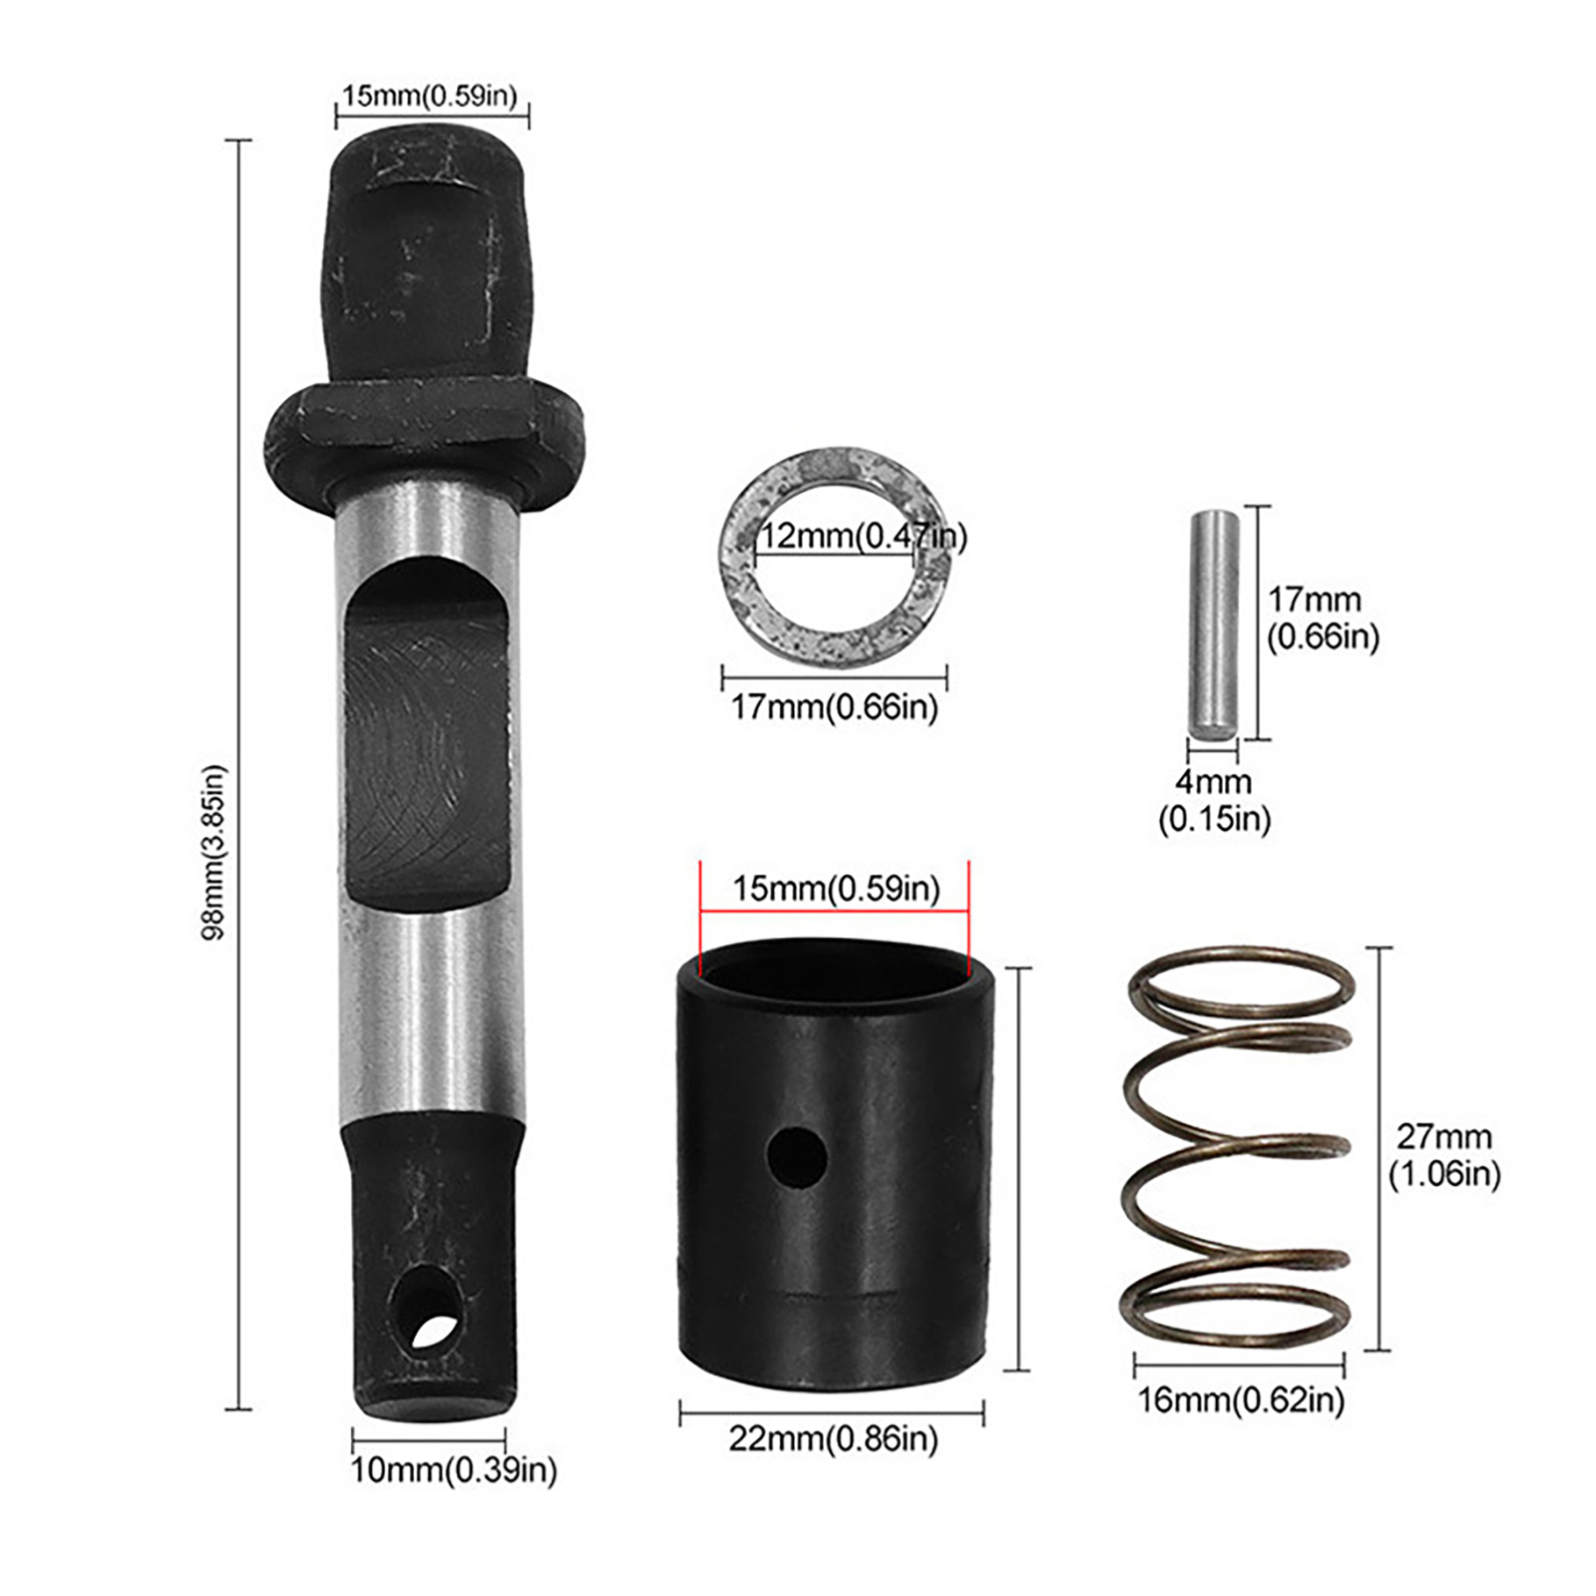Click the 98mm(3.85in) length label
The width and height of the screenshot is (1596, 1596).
click(213, 852)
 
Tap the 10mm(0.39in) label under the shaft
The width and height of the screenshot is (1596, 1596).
click(454, 1469)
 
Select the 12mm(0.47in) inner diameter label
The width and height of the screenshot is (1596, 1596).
click(864, 537)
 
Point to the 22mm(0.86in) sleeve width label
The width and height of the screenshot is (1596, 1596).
click(834, 1438)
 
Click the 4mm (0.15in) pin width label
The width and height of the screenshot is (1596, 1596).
click(1214, 800)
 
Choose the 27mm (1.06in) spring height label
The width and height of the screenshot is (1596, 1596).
click(1444, 1155)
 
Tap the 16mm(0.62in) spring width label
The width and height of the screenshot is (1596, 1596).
click(1241, 1400)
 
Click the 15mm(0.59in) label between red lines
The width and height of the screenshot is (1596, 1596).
click(836, 888)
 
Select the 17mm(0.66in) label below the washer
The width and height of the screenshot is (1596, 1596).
click(834, 707)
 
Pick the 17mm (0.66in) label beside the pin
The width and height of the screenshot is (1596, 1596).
click(1323, 618)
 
